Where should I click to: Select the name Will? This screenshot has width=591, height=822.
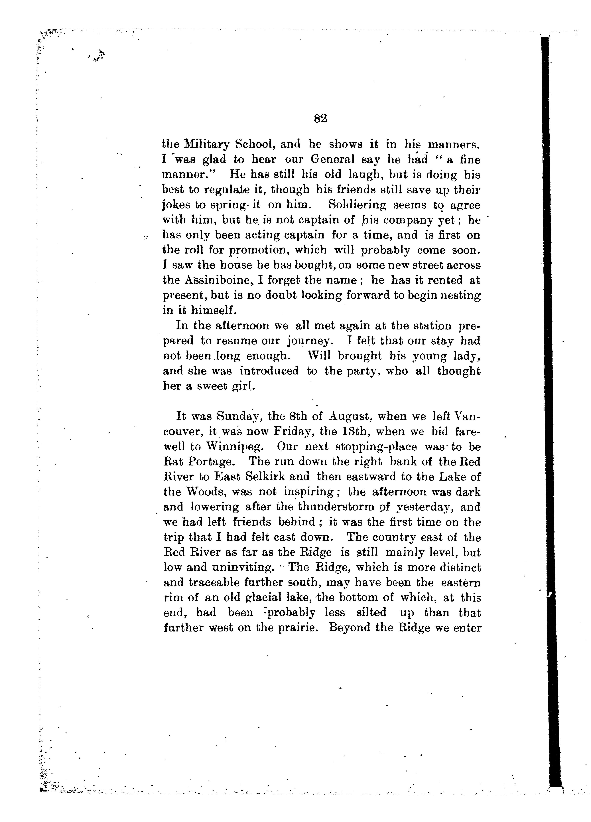[x=319, y=356]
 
